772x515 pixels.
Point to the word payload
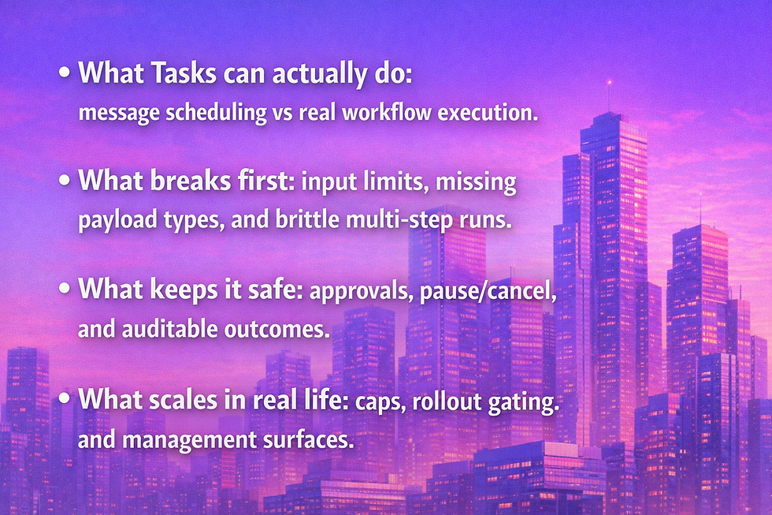pos(110,221)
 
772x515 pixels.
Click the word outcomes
pos(280,330)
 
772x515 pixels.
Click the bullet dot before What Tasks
pos(64,73)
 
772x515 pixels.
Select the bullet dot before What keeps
pos(64,291)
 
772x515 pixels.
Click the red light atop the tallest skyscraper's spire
pos(608,81)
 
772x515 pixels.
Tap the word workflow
pos(367,112)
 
